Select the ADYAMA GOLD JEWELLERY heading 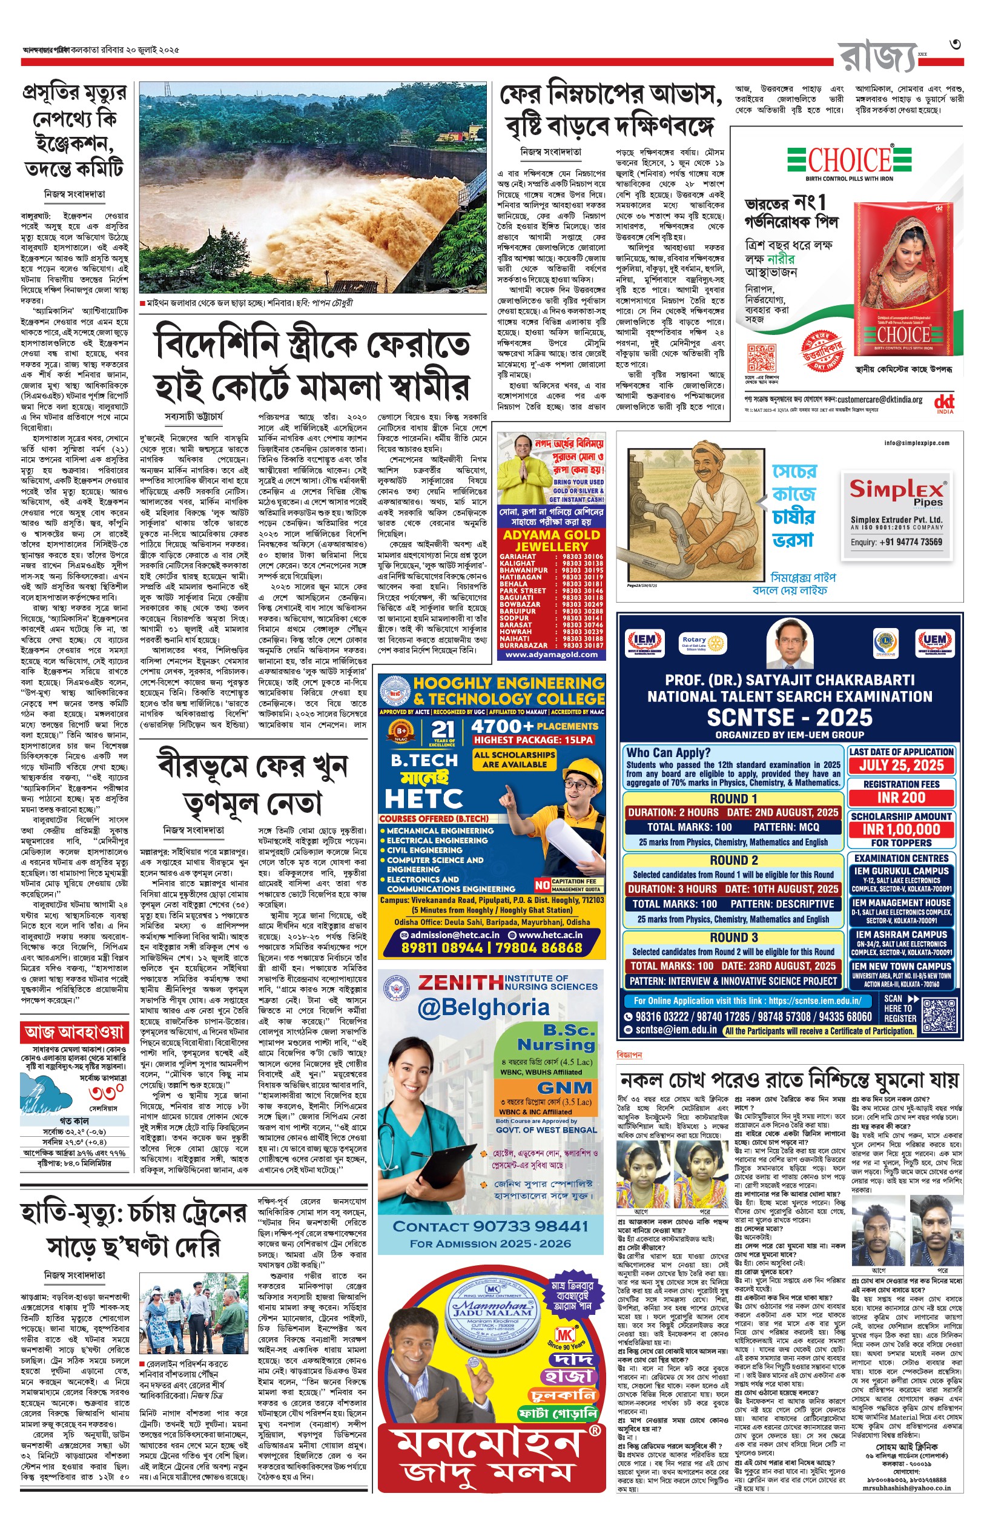552,541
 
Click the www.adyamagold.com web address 552,654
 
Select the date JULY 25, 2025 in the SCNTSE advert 901,766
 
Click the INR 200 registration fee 901,798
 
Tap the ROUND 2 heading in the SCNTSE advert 733,860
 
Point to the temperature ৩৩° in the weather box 106,1093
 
